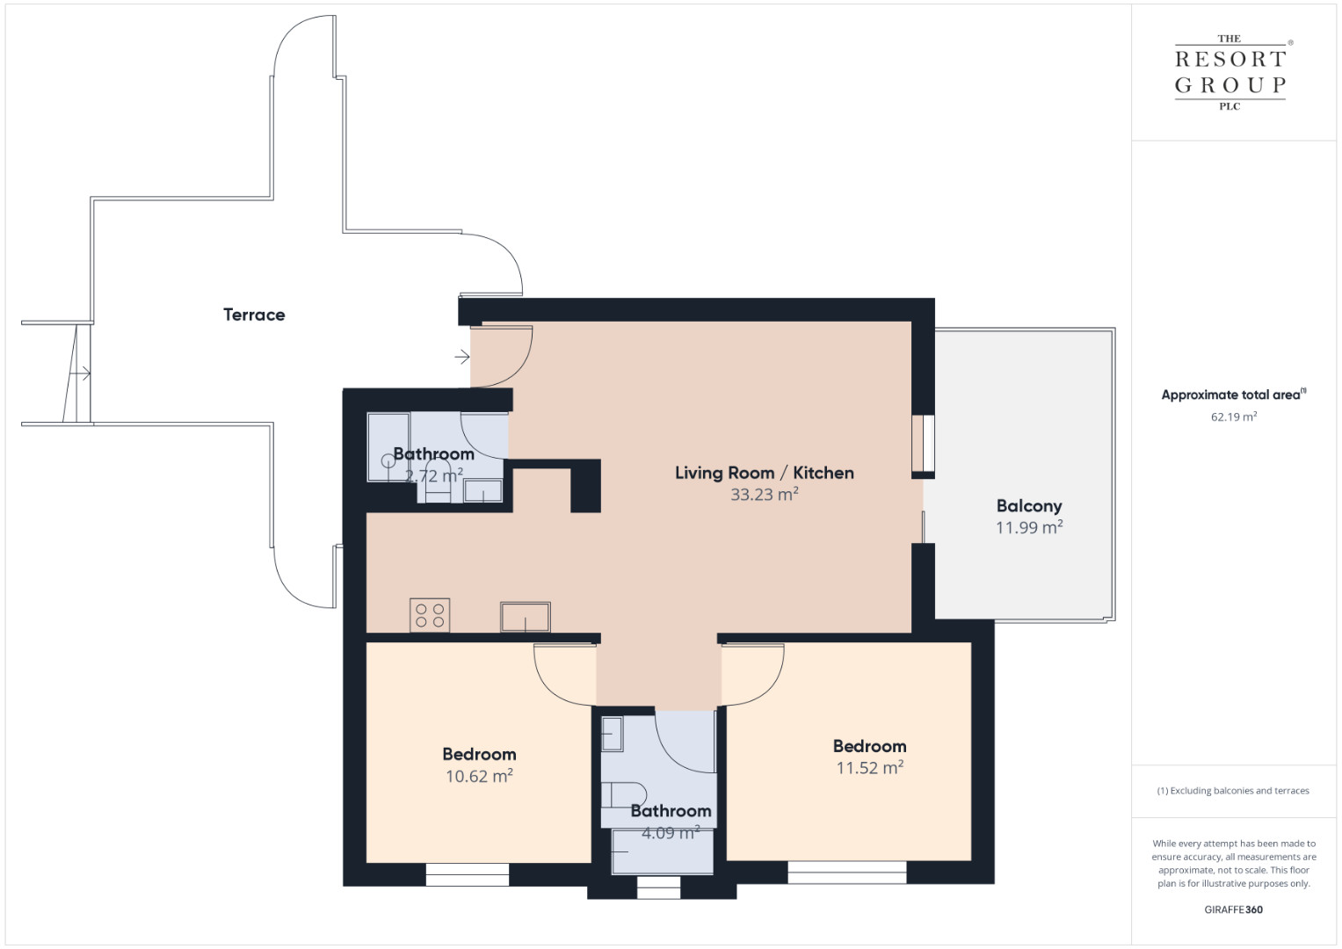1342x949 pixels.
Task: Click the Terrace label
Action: point(254,315)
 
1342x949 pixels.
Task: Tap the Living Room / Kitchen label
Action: point(765,473)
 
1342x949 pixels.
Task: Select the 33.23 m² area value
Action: point(765,494)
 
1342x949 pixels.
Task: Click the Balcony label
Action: point(1029,506)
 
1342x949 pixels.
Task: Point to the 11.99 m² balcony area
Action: point(1029,527)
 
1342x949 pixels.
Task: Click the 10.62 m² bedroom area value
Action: point(479,776)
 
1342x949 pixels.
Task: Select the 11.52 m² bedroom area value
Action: point(870,767)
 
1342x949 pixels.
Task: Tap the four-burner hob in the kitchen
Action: point(430,615)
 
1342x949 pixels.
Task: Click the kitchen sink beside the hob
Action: point(526,617)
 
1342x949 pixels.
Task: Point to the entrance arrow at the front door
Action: point(462,357)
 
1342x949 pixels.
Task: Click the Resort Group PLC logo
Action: point(1230,72)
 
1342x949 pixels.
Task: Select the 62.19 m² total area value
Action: point(1234,417)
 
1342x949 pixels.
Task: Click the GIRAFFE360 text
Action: point(1234,909)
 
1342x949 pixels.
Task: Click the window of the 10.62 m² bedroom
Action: point(468,874)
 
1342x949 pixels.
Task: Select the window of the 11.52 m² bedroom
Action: point(846,873)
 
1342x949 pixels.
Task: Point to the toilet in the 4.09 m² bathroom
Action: point(624,794)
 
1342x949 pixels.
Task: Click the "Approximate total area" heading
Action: point(1234,395)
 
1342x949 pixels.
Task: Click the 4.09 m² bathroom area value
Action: point(671,833)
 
